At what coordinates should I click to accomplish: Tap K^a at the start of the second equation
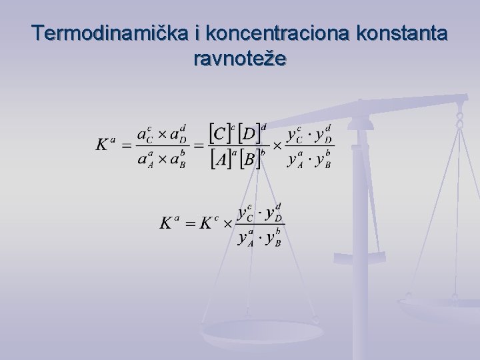coord(169,222)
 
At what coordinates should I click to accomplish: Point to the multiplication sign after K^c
coord(227,223)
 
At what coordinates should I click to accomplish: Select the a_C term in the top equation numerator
coord(145,135)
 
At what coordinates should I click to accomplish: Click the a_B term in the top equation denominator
coord(177,161)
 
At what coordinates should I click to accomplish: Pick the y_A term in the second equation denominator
coord(247,239)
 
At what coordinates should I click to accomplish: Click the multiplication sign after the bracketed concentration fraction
coord(277,145)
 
